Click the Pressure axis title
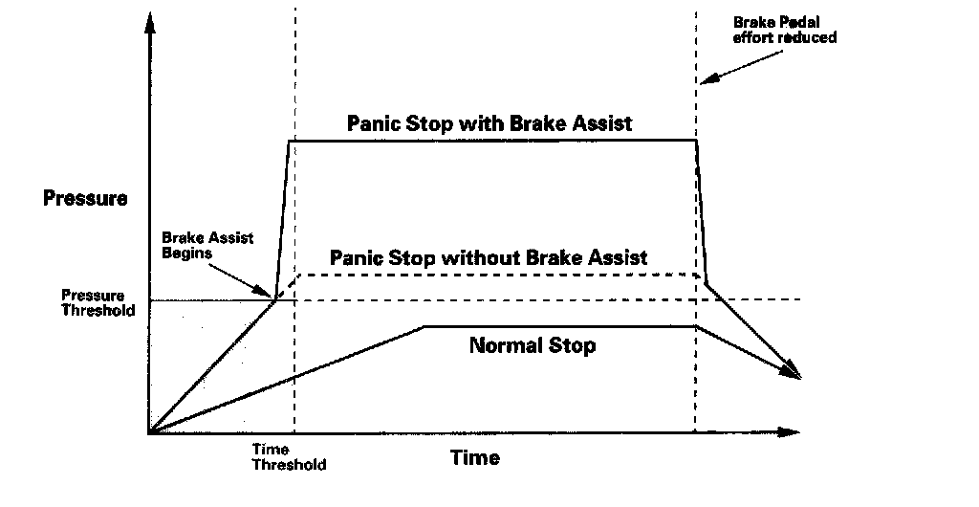pos(85,199)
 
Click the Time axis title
pos(475,457)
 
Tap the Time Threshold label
pos(289,456)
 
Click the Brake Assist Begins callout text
pos(207,245)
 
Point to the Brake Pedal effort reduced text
pos(785,30)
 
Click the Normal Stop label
pos(533,344)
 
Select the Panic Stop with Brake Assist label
pos(489,123)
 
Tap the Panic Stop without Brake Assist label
pos(489,257)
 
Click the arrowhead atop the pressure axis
pos(148,23)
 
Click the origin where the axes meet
pos(149,432)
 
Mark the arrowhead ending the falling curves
pos(793,371)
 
